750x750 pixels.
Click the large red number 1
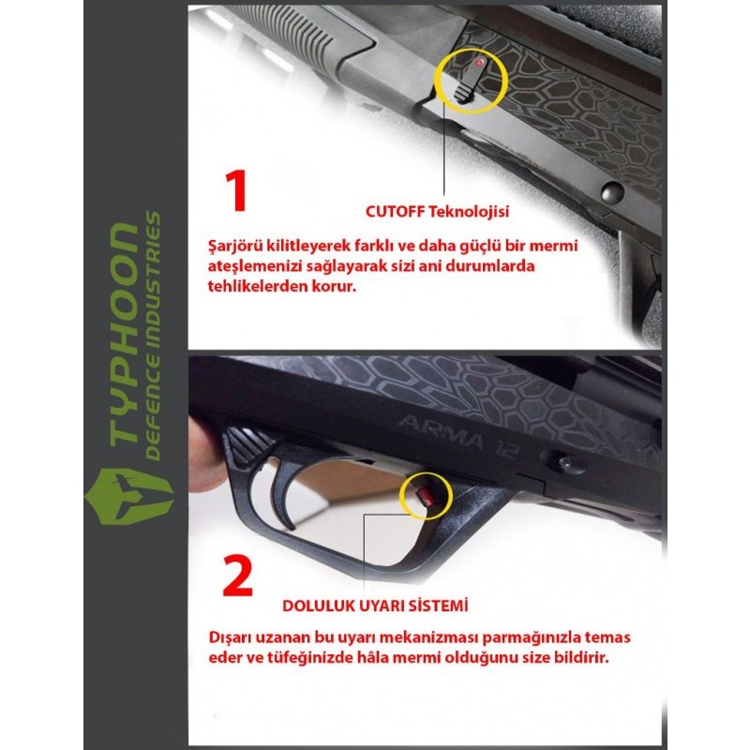pyautogui.click(x=237, y=190)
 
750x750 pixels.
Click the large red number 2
pyautogui.click(x=238, y=576)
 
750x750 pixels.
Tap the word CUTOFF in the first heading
pyautogui.click(x=394, y=212)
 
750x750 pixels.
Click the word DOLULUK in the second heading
pyautogui.click(x=318, y=606)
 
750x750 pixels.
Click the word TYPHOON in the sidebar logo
pyautogui.click(x=123, y=335)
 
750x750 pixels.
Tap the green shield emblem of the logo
pyautogui.click(x=128, y=496)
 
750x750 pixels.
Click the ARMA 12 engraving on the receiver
pyautogui.click(x=457, y=436)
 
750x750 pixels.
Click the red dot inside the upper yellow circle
pyautogui.click(x=480, y=63)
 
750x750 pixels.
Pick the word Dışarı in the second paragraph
pyautogui.click(x=230, y=637)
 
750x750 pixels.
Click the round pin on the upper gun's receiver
pyautogui.click(x=612, y=192)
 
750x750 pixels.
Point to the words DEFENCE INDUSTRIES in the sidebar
pyautogui.click(x=153, y=336)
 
